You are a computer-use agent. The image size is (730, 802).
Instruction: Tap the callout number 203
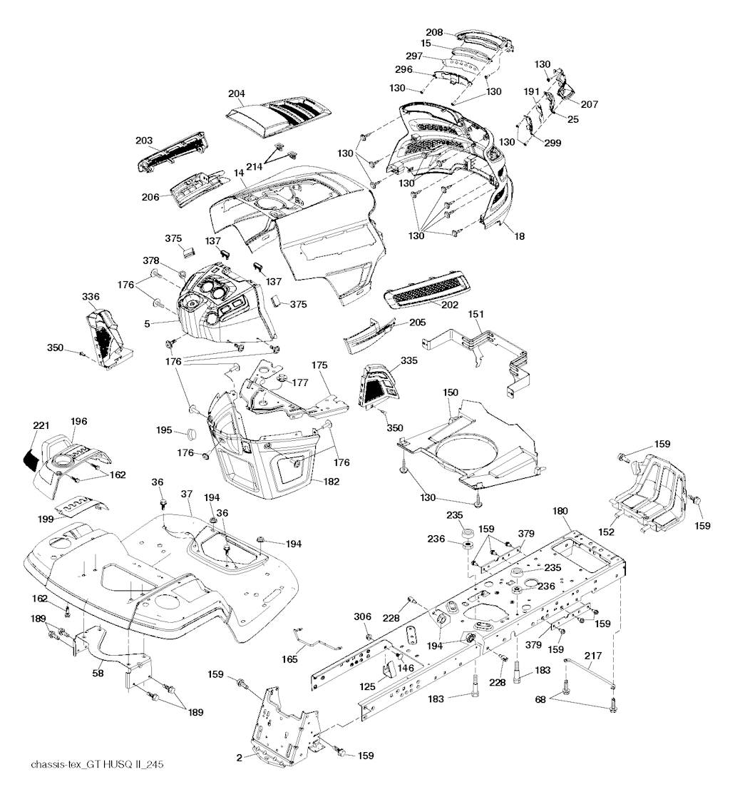(145, 141)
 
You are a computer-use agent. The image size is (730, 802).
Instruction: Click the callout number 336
(90, 296)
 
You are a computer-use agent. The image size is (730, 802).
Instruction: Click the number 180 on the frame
(560, 510)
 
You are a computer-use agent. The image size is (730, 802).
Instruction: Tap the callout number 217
(593, 655)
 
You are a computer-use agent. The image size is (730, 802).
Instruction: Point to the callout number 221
(41, 425)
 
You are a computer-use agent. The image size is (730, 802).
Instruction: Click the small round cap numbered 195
(190, 433)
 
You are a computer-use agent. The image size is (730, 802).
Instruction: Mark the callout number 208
(433, 32)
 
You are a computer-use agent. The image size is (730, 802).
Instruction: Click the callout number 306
(363, 616)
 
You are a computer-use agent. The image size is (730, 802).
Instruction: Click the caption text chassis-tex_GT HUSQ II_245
(98, 765)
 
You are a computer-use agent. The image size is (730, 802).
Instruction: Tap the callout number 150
(451, 392)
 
